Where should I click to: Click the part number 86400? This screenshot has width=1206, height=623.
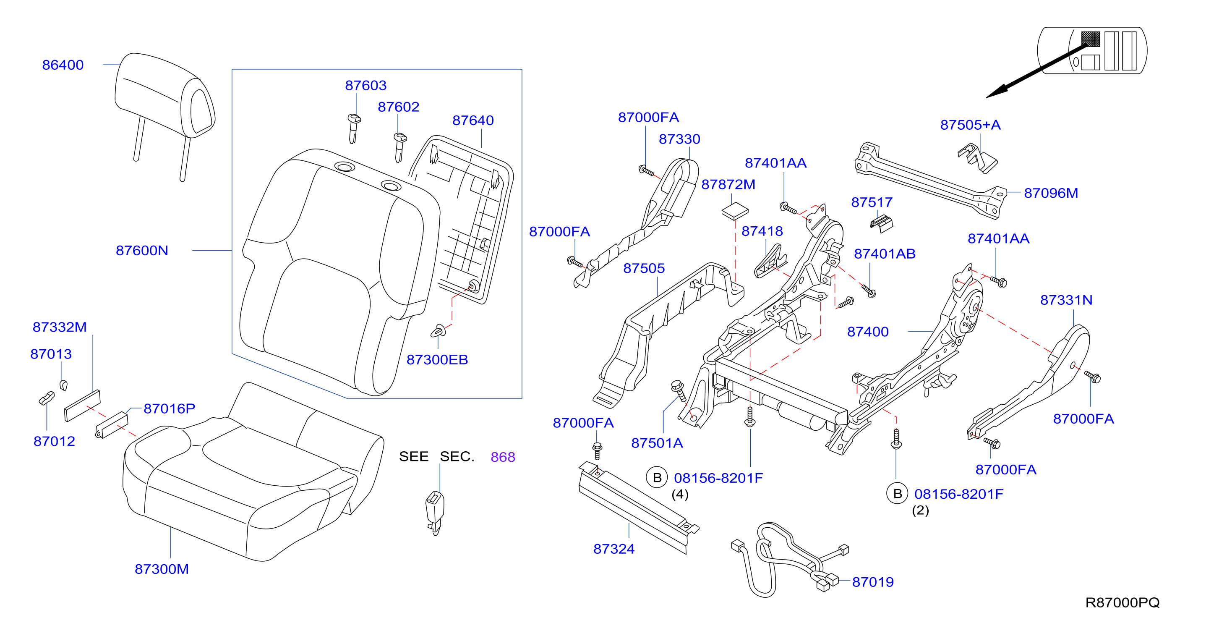(x=63, y=65)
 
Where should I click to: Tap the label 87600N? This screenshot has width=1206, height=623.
(x=142, y=251)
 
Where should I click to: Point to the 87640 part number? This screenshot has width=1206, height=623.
(x=473, y=120)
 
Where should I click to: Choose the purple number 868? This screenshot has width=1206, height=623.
(x=503, y=457)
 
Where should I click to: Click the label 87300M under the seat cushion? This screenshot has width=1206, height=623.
(x=162, y=569)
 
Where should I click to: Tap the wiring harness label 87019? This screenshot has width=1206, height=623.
(x=873, y=582)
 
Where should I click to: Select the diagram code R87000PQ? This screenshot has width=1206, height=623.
(x=1122, y=602)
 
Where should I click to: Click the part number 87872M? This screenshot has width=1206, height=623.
(x=728, y=185)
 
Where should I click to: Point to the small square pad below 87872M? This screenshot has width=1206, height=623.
(x=735, y=211)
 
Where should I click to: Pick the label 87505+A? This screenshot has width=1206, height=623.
(x=970, y=125)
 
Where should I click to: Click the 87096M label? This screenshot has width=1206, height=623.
(x=1051, y=193)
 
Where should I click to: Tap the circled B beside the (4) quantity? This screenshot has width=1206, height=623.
(x=657, y=477)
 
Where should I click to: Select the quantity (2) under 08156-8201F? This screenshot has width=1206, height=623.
(x=920, y=510)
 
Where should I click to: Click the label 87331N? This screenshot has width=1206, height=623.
(x=1066, y=300)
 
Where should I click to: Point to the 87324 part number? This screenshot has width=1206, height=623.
(x=614, y=549)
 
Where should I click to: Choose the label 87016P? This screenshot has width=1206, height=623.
(x=169, y=408)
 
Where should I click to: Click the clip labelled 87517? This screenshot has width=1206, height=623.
(x=882, y=223)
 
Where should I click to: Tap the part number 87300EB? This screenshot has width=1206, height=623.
(x=437, y=360)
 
